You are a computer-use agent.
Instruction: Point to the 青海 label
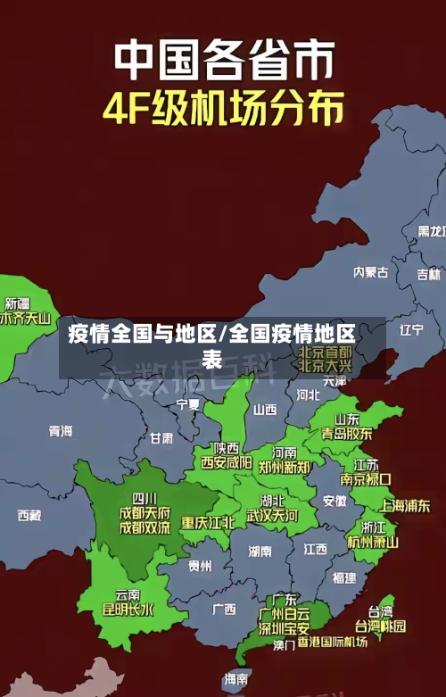pos(61,431)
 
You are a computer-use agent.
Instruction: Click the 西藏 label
pos(29,515)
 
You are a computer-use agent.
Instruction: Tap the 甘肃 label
pos(161,438)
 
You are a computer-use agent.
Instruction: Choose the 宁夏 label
pos(188,404)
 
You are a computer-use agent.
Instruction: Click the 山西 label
pos(265,410)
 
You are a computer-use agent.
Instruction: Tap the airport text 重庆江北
pos(208,522)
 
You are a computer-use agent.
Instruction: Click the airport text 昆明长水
pos(128,610)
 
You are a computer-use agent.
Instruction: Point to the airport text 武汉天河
pos(272,516)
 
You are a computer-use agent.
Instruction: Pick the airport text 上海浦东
pos(405,506)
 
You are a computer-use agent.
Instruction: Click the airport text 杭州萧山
pos(373,542)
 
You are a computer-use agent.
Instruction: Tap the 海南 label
pos(236,679)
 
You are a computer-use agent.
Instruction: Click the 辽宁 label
pos(411,329)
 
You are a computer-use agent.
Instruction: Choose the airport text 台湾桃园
pos(380,626)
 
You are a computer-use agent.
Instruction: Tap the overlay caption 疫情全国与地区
pos(143,335)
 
